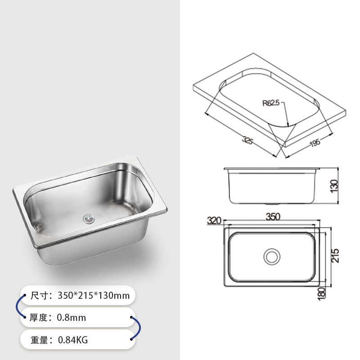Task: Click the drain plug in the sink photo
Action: (x=88, y=219)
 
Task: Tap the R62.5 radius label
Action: (x=271, y=103)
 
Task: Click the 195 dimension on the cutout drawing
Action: (x=315, y=143)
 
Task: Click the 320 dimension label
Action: (x=214, y=221)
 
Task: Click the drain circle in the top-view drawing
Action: (x=271, y=257)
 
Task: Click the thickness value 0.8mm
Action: (x=71, y=318)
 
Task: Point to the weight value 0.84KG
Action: (x=72, y=340)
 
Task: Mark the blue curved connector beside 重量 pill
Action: (x=133, y=328)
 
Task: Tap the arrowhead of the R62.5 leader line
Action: (x=287, y=124)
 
